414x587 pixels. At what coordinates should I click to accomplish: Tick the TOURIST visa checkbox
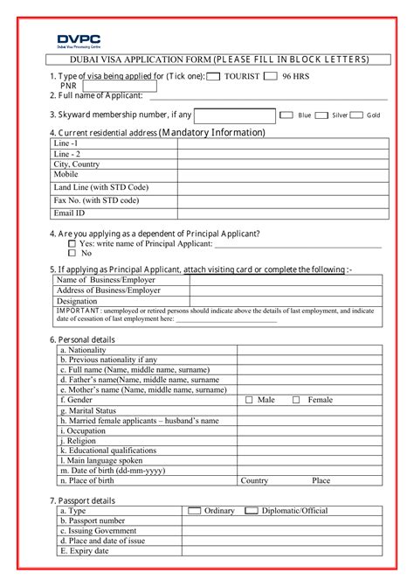point(213,77)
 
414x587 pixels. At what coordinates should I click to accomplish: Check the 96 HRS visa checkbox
point(271,77)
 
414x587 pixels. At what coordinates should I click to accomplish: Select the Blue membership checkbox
point(286,115)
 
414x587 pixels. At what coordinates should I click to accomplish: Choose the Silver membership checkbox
point(321,115)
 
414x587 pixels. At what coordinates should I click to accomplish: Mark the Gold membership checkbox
point(355,115)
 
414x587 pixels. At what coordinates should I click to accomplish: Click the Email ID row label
point(70,213)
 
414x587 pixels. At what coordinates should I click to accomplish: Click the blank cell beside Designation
point(285,300)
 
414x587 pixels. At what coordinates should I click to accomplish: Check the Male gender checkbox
point(249,400)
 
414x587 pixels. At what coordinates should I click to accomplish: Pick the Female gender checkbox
point(296,400)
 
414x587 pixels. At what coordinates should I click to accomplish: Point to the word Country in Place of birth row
point(254,480)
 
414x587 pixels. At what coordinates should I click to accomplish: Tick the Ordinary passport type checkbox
point(195,510)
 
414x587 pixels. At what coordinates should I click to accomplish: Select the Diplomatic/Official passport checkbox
point(252,510)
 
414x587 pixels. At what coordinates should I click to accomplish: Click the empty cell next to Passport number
point(280,521)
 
